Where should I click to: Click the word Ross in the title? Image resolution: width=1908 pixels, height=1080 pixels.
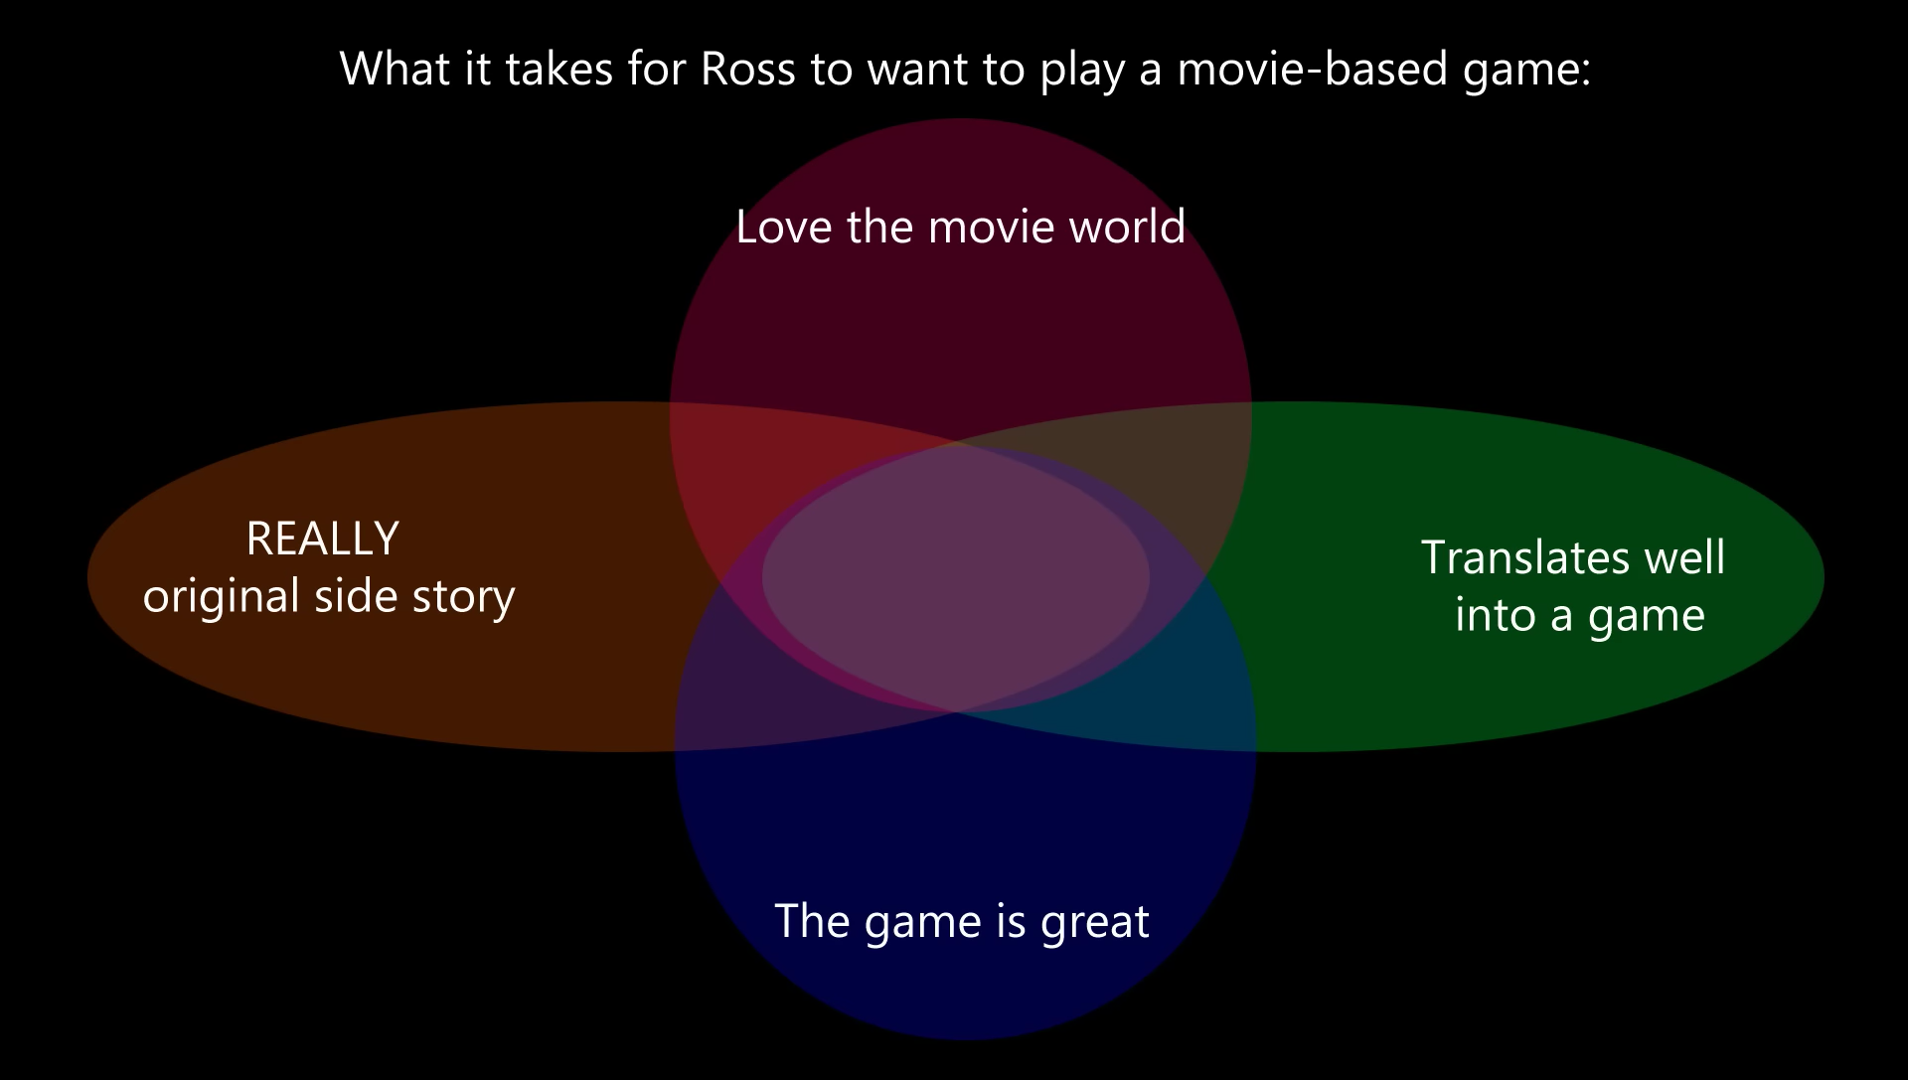coord(748,70)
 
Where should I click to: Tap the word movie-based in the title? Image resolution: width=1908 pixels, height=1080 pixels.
coord(1313,70)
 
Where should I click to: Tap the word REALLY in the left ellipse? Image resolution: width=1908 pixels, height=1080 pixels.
coord(322,540)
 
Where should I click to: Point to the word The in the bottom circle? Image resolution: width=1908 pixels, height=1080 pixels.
coord(812,921)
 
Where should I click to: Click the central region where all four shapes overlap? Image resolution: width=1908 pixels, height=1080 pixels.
coord(956,577)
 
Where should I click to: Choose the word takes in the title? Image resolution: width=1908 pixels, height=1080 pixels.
coord(558,70)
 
